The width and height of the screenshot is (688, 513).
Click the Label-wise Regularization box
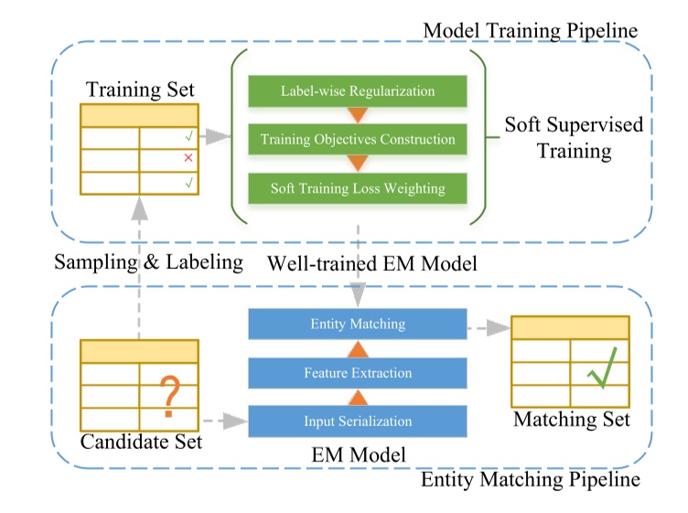tap(358, 91)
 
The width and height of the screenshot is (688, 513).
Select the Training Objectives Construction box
tap(358, 140)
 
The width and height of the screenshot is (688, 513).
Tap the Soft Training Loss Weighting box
tap(358, 188)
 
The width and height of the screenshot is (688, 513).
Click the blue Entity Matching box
tap(358, 325)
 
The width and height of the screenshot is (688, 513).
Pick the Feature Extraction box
tap(358, 373)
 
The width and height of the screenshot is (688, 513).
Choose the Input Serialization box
tap(358, 422)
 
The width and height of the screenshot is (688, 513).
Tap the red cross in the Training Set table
tap(188, 159)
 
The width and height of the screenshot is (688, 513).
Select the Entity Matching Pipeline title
tap(531, 479)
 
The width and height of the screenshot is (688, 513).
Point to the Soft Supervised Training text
tap(574, 137)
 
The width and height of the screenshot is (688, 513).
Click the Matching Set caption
tap(572, 420)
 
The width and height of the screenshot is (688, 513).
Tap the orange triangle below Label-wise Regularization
tap(358, 116)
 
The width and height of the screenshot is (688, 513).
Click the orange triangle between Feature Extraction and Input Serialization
tap(358, 397)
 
